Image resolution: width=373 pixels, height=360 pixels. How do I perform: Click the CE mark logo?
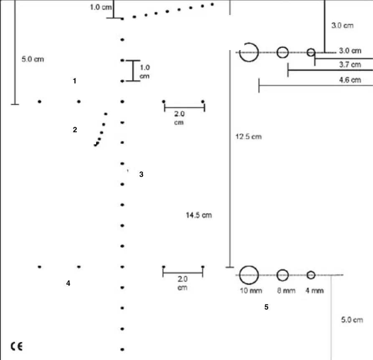pyautogui.click(x=17, y=346)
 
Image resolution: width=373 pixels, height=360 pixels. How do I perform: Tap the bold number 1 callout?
pyautogui.click(x=75, y=81)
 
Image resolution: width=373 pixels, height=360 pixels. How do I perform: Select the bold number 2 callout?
pyautogui.click(x=75, y=129)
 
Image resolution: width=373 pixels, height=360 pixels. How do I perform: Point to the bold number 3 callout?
pyautogui.click(x=141, y=174)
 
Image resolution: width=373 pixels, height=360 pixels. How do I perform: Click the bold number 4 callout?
pyautogui.click(x=68, y=283)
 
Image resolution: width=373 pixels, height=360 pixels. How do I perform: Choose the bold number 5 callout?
pyautogui.click(x=266, y=307)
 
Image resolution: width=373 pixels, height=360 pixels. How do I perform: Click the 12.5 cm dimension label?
pyautogui.click(x=249, y=137)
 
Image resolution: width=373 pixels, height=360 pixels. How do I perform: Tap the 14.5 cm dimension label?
pyautogui.click(x=199, y=215)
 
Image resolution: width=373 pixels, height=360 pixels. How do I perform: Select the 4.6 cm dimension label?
pyautogui.click(x=350, y=80)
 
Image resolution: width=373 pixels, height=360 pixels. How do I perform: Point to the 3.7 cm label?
pyautogui.click(x=350, y=64)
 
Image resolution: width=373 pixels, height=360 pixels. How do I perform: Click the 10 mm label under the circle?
pyautogui.click(x=251, y=290)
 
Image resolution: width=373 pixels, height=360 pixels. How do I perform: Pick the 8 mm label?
pyautogui.click(x=286, y=290)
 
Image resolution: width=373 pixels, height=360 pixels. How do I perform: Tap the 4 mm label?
pyautogui.click(x=315, y=290)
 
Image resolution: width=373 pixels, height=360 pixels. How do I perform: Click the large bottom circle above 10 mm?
pyautogui.click(x=249, y=266)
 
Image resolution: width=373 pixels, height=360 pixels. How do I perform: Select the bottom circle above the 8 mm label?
pyautogui.click(x=283, y=270)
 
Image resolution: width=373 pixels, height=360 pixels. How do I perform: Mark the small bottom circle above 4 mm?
pyautogui.click(x=311, y=272)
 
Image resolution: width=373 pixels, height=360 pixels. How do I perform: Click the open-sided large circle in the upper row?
pyautogui.click(x=258, y=52)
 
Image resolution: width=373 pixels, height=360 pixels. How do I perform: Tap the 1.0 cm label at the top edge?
pyautogui.click(x=101, y=7)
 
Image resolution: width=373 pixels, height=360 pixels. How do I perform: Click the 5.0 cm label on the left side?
pyautogui.click(x=33, y=59)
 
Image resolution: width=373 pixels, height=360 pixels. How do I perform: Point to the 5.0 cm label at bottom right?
pyautogui.click(x=352, y=320)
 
